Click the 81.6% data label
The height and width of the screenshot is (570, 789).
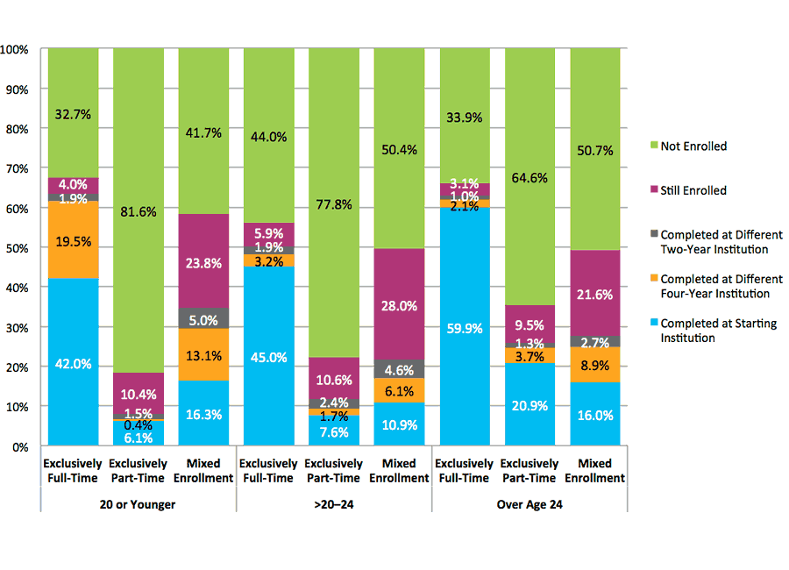(139, 210)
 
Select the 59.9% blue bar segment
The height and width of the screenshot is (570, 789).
(466, 329)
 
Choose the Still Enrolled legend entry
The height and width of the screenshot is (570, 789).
(693, 190)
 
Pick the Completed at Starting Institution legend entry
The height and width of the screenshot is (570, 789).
(718, 331)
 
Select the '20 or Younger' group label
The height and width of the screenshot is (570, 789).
(139, 503)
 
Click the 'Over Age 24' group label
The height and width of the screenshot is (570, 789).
(530, 503)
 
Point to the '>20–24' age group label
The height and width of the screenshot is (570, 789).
(334, 503)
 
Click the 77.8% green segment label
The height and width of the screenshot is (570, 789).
(335, 204)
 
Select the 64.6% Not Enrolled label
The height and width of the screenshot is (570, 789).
(530, 178)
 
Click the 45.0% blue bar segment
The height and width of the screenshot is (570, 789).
(269, 357)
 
